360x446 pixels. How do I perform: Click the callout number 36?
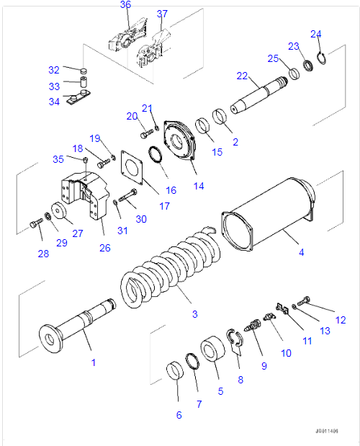(125, 5)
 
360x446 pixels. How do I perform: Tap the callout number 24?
(315, 34)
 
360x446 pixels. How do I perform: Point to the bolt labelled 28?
(37, 225)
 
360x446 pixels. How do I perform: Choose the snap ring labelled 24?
(321, 60)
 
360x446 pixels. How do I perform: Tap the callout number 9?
(264, 366)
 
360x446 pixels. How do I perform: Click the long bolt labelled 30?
(129, 195)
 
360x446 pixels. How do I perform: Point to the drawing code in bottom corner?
(325, 431)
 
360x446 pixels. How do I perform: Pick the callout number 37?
(162, 14)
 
